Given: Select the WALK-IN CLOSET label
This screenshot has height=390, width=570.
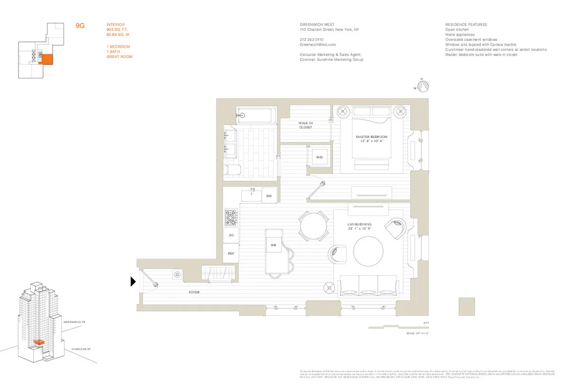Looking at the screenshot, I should click(x=305, y=125).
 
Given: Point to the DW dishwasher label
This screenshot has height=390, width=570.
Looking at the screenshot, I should click(x=268, y=196).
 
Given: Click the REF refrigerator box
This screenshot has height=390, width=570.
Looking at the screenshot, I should click(x=231, y=254).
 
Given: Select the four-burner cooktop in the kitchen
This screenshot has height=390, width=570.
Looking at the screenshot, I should click(x=231, y=219).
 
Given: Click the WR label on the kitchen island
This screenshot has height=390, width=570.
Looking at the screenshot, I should click(x=273, y=245).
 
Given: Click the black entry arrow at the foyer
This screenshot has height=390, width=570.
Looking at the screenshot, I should click(x=133, y=282).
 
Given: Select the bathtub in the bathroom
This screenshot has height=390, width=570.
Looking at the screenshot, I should click(x=256, y=115).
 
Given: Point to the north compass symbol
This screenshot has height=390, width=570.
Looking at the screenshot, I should click(x=424, y=86).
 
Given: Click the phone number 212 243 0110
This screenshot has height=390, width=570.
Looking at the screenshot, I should click(x=312, y=39).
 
